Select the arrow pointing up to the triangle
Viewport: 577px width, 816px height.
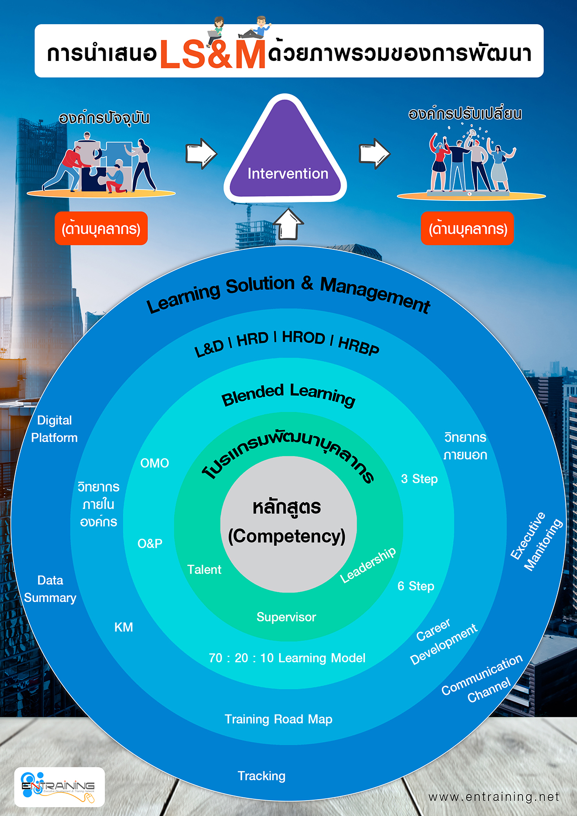(x=288, y=224)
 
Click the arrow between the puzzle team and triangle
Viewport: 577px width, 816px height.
(x=201, y=154)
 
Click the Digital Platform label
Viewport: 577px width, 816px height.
(x=54, y=429)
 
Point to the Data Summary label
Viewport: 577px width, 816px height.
(x=50, y=589)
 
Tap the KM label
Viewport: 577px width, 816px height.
(x=124, y=628)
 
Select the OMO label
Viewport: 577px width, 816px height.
(x=154, y=463)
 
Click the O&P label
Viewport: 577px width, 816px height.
(x=150, y=544)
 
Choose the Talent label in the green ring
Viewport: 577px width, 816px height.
(x=204, y=570)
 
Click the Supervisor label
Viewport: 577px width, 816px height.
(x=286, y=617)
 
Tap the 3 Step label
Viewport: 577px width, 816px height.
(x=419, y=479)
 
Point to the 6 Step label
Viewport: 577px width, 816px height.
(x=416, y=586)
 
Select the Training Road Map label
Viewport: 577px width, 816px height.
(x=278, y=719)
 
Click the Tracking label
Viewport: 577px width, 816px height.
(x=262, y=776)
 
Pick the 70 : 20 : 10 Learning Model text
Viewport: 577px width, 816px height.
(x=287, y=658)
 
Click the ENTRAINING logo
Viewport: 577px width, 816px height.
(x=59, y=787)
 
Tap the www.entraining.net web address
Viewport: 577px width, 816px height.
(x=494, y=797)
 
